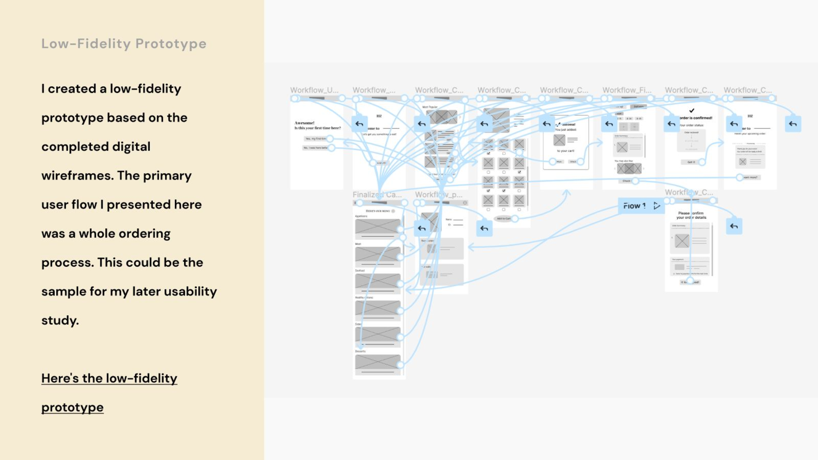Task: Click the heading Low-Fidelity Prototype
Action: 124,44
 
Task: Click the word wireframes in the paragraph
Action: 77,176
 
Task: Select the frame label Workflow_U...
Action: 314,90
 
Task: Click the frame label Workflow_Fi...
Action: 627,90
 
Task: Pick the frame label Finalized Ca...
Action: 377,195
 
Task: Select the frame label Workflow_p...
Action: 438,195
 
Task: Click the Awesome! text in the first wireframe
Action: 304,123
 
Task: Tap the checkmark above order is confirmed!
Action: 692,111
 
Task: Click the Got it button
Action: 691,162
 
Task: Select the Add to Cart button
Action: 503,219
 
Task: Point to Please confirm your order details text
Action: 691,215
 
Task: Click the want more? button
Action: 750,177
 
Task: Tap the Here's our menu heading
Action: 378,211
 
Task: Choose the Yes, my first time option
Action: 316,139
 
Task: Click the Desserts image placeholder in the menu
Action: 378,362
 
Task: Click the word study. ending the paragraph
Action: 60,321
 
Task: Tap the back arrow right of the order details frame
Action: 734,226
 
